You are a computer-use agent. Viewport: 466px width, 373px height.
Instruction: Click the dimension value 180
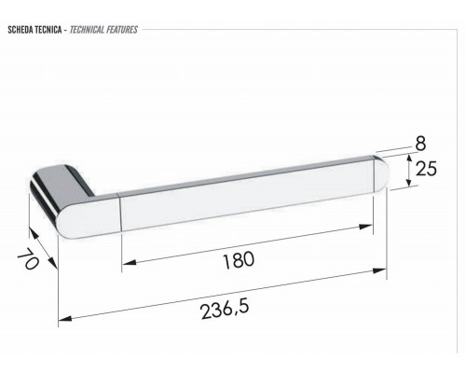(239, 260)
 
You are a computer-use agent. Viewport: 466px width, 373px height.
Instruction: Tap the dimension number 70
(28, 259)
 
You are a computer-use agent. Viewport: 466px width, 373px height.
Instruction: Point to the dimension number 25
(426, 169)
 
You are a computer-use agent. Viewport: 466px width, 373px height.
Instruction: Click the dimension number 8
(420, 144)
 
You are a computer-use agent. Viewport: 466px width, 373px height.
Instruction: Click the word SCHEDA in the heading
(21, 30)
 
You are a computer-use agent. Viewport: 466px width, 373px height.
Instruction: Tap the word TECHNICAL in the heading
(87, 30)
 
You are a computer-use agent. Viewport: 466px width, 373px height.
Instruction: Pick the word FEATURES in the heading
(122, 30)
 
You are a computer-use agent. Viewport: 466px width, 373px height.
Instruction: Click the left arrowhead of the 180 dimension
(128, 263)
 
